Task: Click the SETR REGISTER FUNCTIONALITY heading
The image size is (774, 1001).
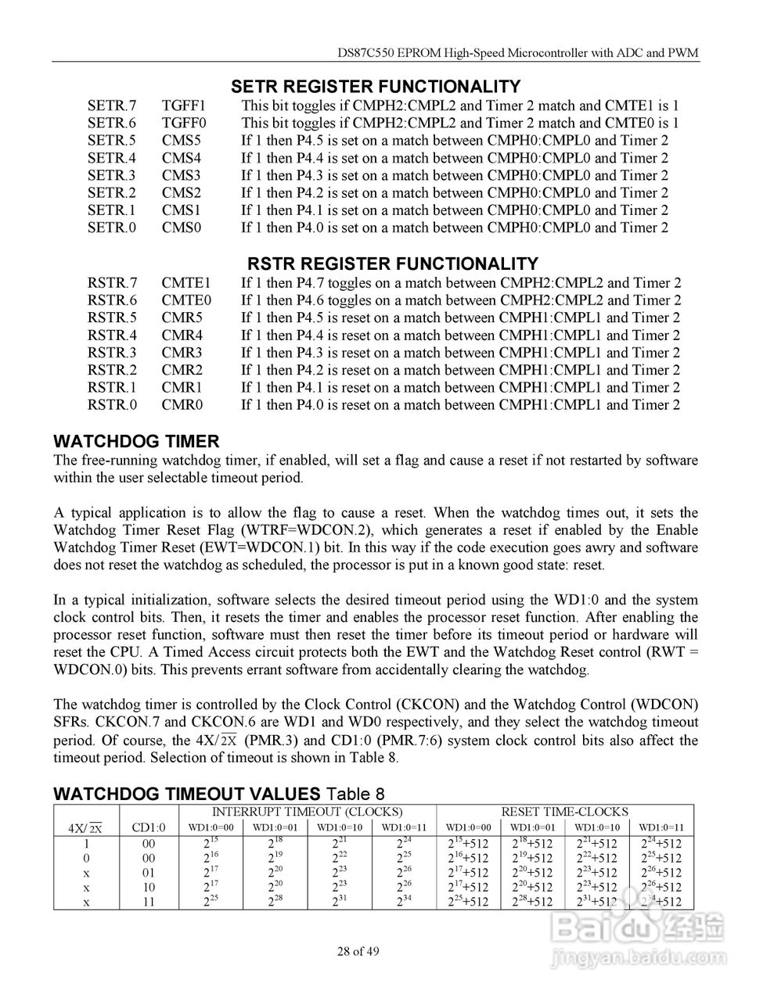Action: click(x=376, y=87)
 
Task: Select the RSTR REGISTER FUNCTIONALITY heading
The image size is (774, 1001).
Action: click(x=393, y=264)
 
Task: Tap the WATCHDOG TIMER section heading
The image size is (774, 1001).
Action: click(x=136, y=441)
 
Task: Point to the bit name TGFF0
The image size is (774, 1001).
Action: click(x=184, y=123)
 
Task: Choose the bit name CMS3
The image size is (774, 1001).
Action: click(x=182, y=175)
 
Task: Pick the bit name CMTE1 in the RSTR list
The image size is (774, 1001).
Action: click(x=186, y=283)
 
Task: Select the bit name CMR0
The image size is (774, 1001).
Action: click(x=182, y=405)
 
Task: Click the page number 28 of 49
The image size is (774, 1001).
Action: click(x=358, y=952)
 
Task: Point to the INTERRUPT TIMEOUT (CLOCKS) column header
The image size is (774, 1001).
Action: click(x=308, y=812)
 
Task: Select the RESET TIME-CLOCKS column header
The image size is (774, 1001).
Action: click(x=564, y=812)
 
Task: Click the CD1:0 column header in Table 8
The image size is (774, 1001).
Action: click(x=149, y=827)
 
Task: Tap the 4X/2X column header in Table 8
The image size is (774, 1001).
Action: click(x=86, y=828)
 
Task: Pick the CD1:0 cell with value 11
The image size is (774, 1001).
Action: click(x=149, y=902)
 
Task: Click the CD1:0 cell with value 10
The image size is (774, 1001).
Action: click(x=149, y=887)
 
